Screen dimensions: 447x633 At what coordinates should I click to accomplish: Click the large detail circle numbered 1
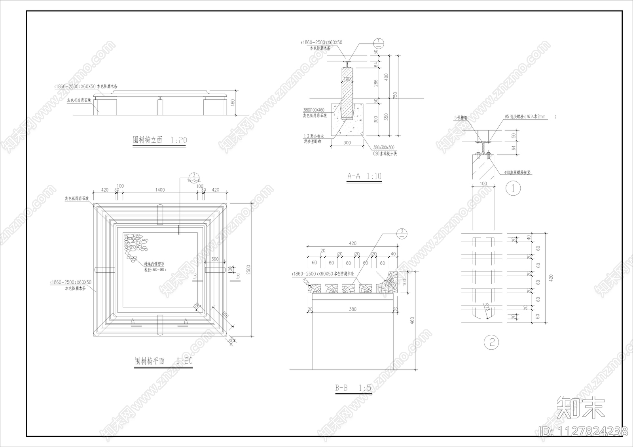[514, 188]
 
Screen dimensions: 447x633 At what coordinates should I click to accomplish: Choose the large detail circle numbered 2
[492, 342]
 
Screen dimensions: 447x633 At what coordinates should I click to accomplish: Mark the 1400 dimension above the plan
[160, 190]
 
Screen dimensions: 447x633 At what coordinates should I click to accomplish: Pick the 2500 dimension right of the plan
[248, 270]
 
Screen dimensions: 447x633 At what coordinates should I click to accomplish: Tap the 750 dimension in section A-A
[395, 95]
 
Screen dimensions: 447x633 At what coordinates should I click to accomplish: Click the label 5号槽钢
[461, 118]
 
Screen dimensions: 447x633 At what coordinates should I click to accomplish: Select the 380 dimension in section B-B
[353, 309]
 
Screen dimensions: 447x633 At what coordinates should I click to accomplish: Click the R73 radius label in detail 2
[487, 308]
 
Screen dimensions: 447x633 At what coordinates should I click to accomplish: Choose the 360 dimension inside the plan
[215, 259]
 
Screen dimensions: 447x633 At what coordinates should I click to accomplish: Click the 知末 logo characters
[580, 408]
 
